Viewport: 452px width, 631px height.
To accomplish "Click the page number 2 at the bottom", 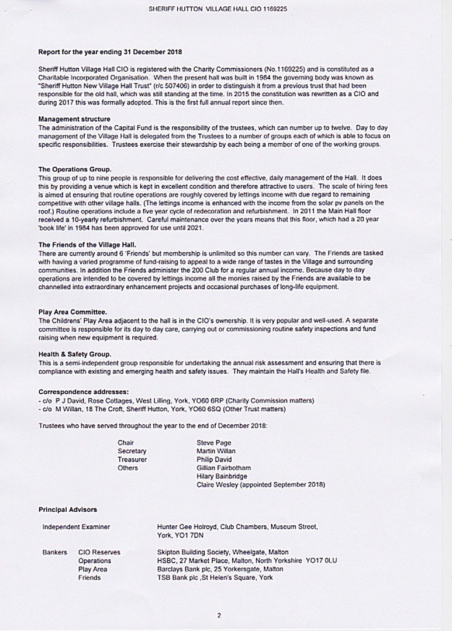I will (219, 615).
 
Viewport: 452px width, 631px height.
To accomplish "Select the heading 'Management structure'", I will (74, 119).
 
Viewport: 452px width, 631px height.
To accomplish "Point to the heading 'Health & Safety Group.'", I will (75, 354).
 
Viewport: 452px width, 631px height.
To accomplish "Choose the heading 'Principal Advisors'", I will (68, 510).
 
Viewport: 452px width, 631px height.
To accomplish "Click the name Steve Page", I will (213, 443).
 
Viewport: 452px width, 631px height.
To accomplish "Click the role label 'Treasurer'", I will (132, 460).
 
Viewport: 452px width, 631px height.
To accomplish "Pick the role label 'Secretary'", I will (132, 451).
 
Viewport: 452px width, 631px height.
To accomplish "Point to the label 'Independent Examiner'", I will (76, 527).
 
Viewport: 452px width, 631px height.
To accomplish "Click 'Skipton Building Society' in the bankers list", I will (194, 552).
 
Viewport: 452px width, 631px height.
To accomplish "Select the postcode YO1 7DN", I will (188, 535).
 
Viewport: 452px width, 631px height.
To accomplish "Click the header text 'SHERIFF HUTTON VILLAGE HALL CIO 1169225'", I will (226, 9).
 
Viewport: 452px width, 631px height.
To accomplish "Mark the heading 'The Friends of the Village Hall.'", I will (87, 244).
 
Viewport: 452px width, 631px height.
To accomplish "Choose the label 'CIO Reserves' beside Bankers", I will (99, 552).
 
